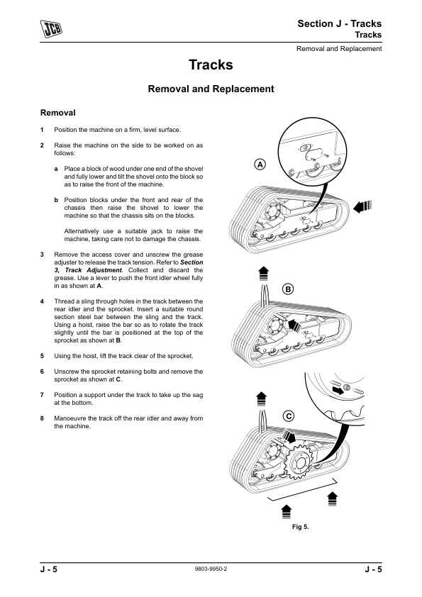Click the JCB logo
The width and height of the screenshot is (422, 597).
click(51, 29)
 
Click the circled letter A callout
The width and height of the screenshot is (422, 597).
click(260, 164)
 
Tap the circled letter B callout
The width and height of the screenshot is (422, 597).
click(288, 289)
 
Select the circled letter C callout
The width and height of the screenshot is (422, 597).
click(289, 416)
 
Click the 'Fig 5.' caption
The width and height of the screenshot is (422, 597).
click(300, 527)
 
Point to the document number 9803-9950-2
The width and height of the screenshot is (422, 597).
click(211, 569)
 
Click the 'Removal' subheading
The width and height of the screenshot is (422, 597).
click(58, 113)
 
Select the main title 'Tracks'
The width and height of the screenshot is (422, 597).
click(211, 65)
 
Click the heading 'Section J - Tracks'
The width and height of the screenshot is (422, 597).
click(339, 23)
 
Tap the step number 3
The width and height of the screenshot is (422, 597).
click(42, 255)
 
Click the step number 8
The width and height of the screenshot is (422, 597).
click(42, 418)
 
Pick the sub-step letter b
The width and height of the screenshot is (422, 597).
click(56, 200)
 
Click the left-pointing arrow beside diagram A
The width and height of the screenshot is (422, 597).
click(362, 207)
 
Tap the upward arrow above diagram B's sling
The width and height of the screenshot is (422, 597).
click(264, 274)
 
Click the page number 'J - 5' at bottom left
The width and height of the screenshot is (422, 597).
click(49, 569)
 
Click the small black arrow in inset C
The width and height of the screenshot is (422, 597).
click(337, 390)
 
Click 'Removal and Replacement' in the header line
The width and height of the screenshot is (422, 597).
click(339, 49)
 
